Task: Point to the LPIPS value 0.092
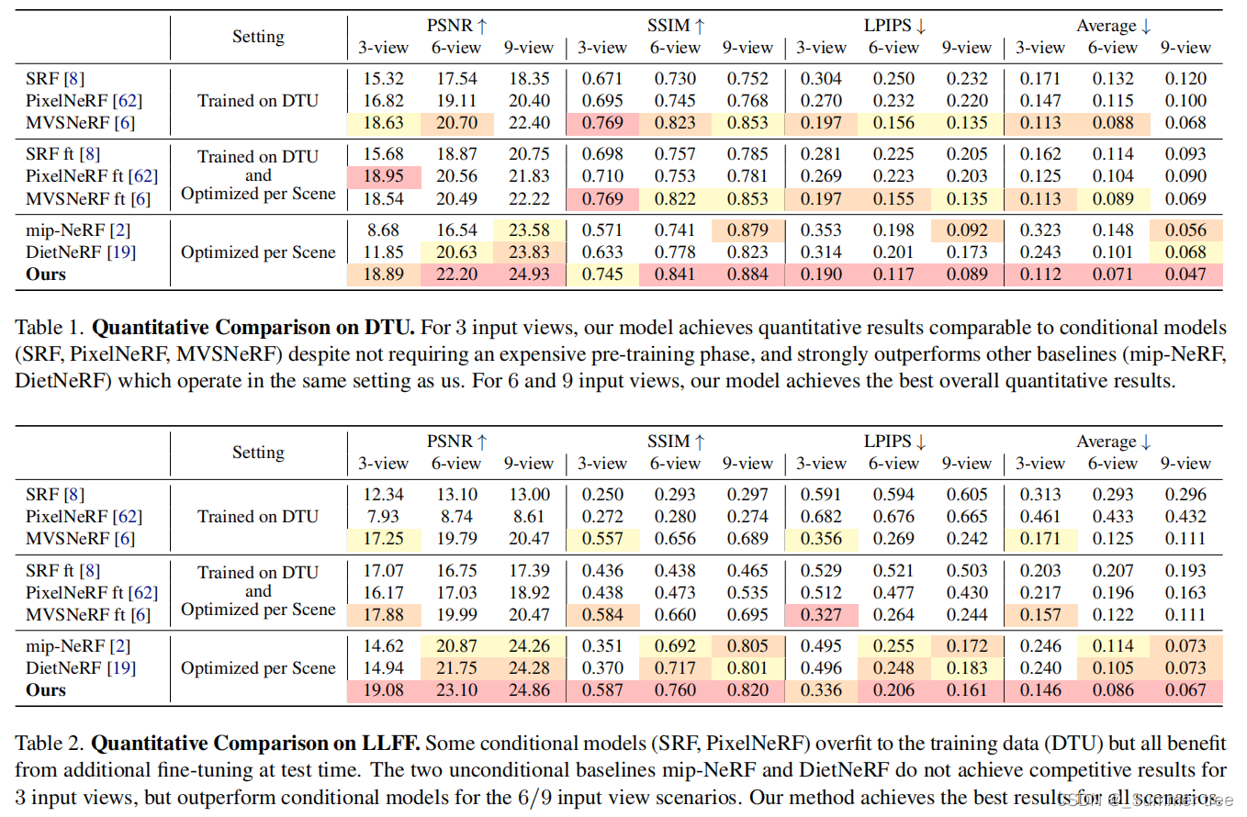[966, 229]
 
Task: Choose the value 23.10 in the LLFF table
[456, 689]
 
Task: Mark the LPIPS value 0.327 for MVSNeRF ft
[820, 614]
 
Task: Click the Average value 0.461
[1039, 517]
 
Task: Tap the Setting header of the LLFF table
[258, 453]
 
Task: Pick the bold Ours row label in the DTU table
[46, 274]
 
